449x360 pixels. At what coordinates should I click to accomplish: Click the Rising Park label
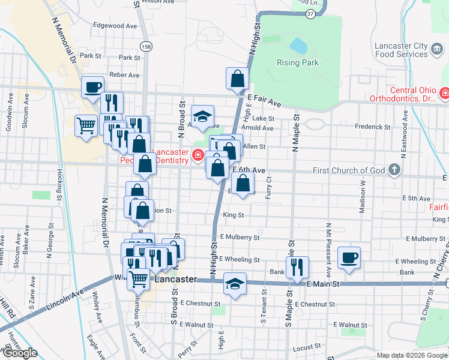coord(297,62)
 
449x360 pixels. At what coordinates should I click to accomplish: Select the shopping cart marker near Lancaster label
coord(139,279)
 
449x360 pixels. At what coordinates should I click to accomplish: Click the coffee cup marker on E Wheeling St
coord(349,258)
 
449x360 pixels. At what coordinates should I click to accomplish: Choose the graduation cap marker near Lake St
coord(203,116)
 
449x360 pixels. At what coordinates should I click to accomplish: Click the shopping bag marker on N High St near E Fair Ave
coord(237,79)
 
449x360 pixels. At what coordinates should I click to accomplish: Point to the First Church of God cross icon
coord(394,170)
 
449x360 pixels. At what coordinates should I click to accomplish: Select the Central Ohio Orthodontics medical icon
coord(445,93)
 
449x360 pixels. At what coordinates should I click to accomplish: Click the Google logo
coord(20,353)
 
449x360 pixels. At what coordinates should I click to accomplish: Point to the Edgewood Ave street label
coord(115,26)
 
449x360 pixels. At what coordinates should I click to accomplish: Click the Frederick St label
coord(372,127)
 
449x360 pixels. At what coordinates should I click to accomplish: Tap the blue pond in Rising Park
coord(298,46)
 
